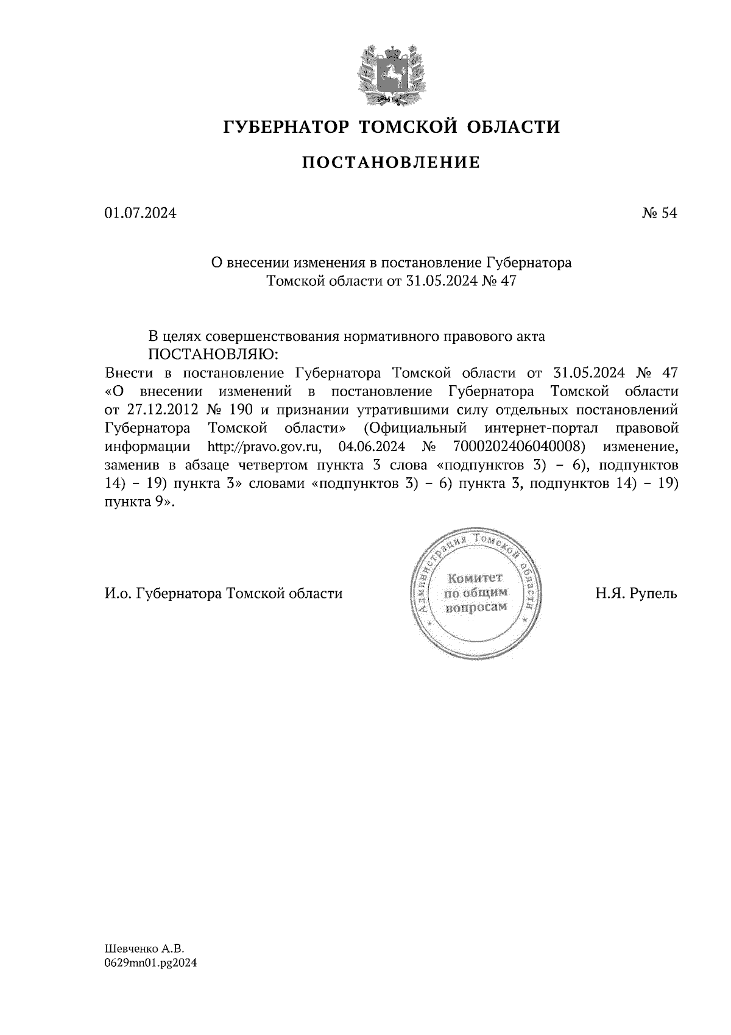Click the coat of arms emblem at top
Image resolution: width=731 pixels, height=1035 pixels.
coord(390,72)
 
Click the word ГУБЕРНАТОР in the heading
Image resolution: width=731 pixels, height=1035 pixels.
coord(286,127)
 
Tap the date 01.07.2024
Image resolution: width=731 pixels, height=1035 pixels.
coord(141,213)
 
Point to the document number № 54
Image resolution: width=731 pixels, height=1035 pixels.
coord(659,213)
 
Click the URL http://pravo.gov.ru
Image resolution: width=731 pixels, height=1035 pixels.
coord(264,446)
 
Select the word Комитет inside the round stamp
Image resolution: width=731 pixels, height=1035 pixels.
coord(475,577)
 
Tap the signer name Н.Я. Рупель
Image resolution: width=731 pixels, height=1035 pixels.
coord(635,592)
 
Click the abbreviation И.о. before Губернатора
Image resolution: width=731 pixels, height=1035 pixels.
coord(118,592)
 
